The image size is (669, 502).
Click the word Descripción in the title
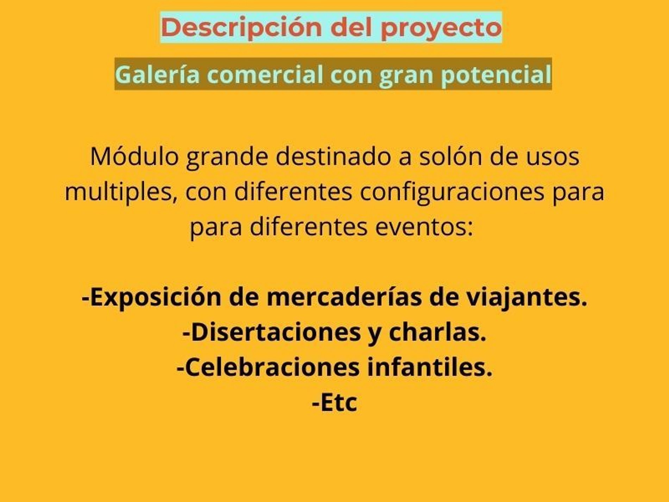(242, 27)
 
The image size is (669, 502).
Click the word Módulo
(134, 156)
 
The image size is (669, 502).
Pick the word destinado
(333, 156)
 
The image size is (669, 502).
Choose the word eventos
(424, 227)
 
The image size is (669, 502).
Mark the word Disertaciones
(271, 332)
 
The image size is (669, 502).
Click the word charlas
(437, 332)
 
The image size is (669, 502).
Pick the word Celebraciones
(268, 367)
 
